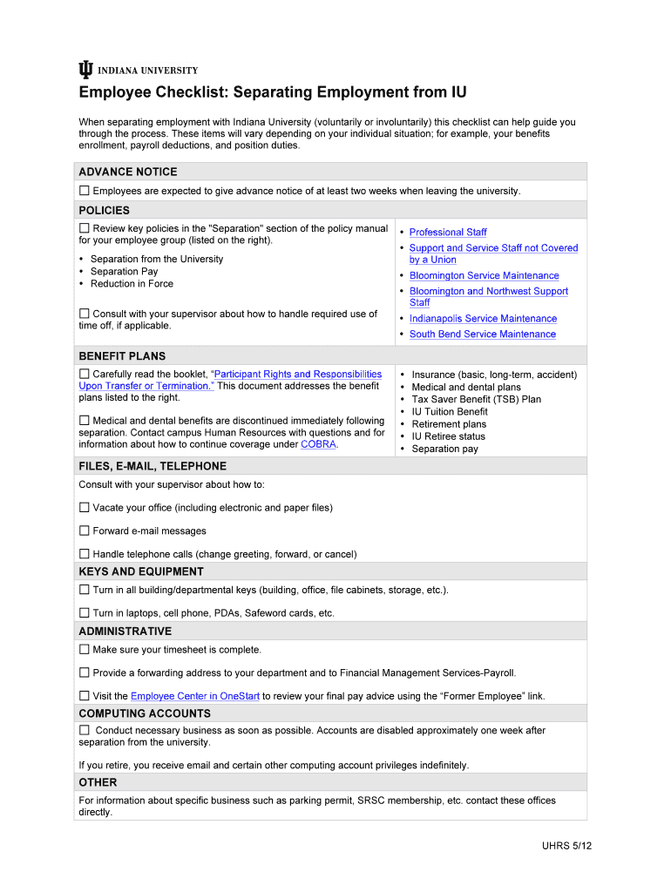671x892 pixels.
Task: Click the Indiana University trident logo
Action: [x=85, y=71]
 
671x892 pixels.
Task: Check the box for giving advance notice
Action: [x=85, y=191]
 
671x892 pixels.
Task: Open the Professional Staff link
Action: [x=448, y=233]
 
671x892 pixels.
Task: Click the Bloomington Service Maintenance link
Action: [x=484, y=276]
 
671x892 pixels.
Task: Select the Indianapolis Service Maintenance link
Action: [x=483, y=319]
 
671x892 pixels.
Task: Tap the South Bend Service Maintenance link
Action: [x=482, y=334]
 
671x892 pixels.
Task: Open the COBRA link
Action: [x=318, y=444]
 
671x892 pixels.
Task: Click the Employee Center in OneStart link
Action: [x=195, y=696]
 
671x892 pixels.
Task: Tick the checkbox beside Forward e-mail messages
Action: [x=85, y=530]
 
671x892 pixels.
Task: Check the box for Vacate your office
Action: [x=85, y=508]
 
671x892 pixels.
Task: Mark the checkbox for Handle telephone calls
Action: [x=85, y=554]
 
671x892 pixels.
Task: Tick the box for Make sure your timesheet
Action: [x=85, y=650]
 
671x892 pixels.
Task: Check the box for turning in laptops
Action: [x=85, y=613]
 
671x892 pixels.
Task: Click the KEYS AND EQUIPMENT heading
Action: [x=141, y=572]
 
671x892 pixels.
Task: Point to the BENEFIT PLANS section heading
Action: [x=122, y=356]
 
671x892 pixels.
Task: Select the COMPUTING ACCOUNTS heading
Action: [x=145, y=713]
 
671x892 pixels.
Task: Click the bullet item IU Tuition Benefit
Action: [x=449, y=412]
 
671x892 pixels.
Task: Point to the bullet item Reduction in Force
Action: [x=132, y=284]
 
